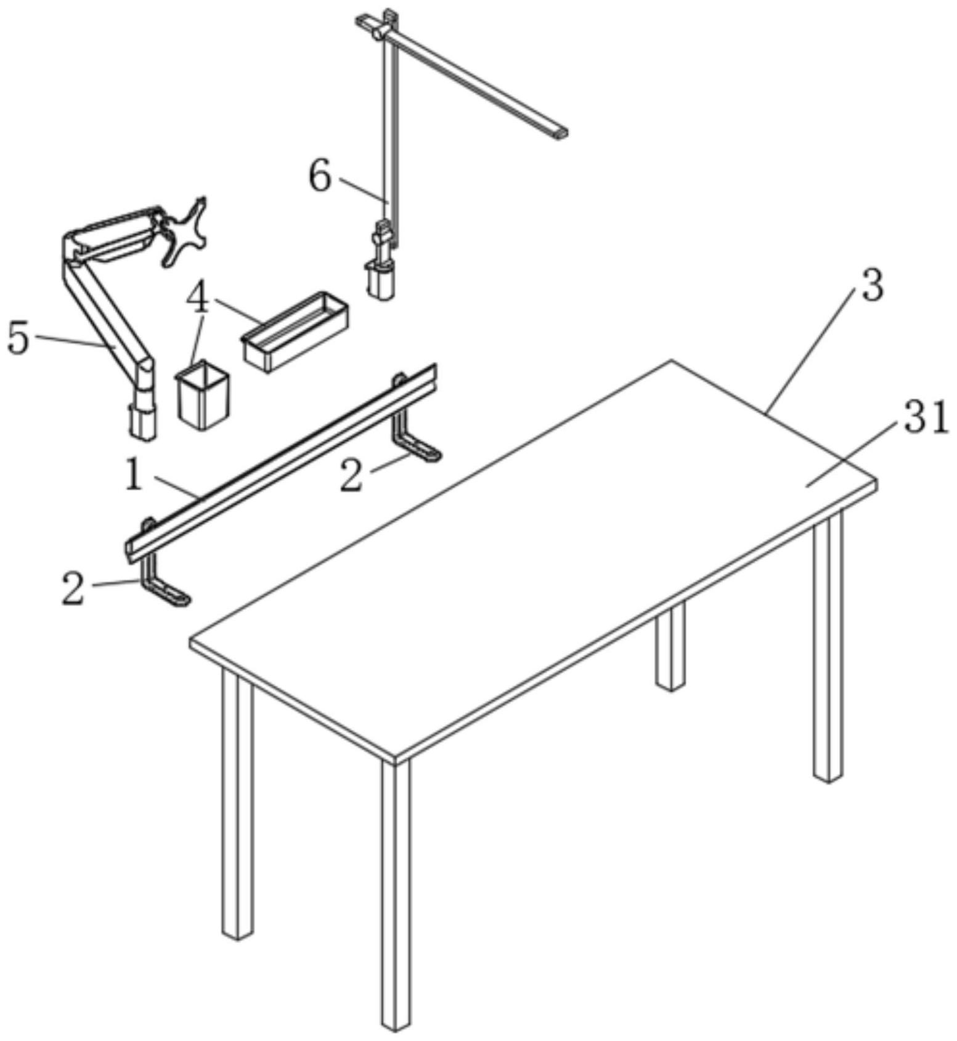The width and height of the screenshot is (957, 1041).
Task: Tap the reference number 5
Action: click(18, 338)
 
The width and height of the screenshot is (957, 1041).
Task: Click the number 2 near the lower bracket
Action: click(73, 588)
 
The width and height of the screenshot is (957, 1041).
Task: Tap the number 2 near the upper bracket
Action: click(351, 476)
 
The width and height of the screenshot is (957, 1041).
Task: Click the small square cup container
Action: click(202, 396)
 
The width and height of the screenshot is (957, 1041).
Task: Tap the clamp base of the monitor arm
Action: click(142, 422)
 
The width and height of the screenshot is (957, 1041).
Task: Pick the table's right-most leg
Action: click(828, 646)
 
